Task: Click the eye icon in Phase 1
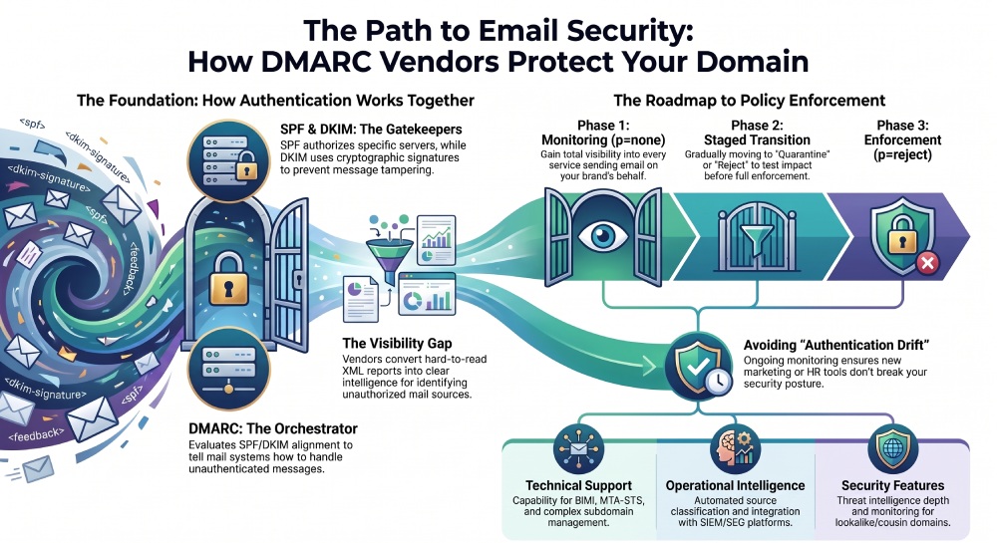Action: [602, 236]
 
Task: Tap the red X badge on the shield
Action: [927, 262]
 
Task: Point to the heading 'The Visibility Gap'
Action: [397, 344]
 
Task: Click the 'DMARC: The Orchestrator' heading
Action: [273, 428]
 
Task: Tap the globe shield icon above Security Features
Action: [892, 447]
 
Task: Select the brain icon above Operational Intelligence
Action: [735, 447]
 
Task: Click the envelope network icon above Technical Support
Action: [578, 447]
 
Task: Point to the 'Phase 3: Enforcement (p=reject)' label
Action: [902, 139]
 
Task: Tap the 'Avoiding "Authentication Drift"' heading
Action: [836, 346]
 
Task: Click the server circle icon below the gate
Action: [228, 369]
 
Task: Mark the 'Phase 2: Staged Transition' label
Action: [757, 133]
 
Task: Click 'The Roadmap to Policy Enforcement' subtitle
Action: [749, 101]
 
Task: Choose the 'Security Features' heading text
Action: [892, 486]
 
